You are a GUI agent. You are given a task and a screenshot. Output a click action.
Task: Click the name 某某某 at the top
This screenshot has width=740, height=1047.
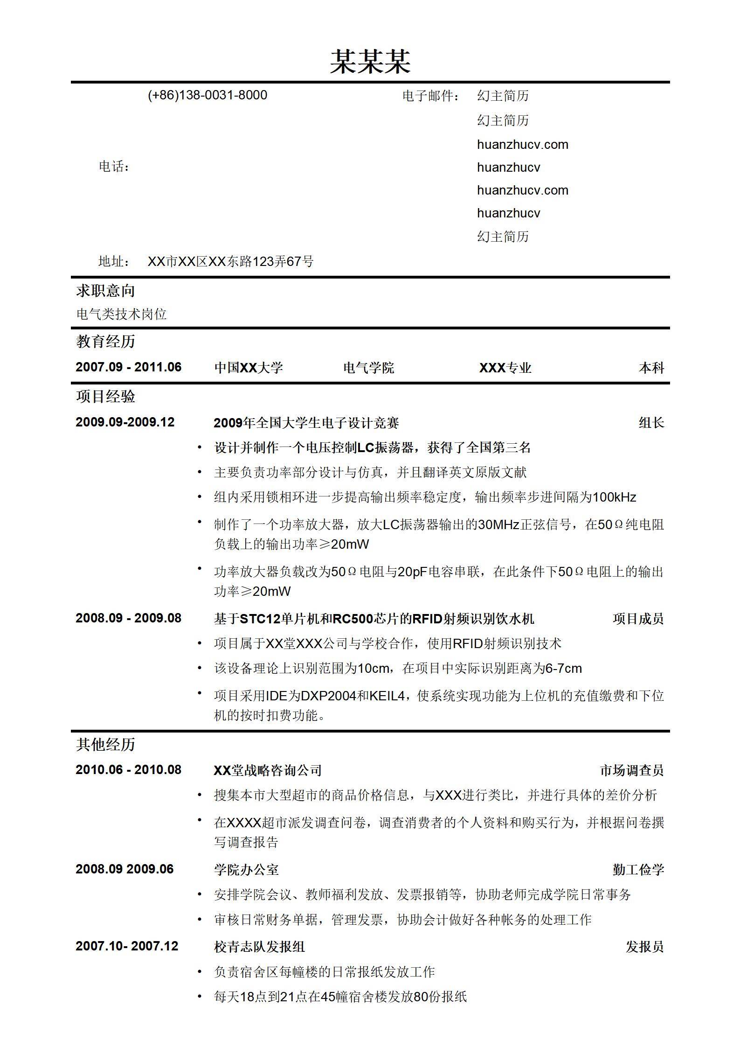coord(370,62)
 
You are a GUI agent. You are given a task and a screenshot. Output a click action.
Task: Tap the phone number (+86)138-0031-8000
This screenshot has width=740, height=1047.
coord(207,95)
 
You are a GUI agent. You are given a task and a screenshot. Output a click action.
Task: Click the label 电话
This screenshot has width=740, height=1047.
coord(114,167)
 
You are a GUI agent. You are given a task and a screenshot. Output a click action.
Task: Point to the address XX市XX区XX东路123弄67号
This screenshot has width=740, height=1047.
coord(230,261)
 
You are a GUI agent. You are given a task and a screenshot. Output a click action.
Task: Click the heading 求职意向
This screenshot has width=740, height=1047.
coord(106,291)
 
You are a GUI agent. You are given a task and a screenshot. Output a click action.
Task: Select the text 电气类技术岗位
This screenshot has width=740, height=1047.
coord(122,314)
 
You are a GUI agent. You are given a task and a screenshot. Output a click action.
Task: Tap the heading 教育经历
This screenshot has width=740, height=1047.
coord(106,342)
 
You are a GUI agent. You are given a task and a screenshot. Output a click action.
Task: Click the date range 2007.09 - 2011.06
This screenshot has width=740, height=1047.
coord(129,367)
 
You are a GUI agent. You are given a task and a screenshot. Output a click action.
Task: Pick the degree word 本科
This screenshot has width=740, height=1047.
coord(651,368)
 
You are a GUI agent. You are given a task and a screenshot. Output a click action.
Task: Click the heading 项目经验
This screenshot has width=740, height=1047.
coord(106,397)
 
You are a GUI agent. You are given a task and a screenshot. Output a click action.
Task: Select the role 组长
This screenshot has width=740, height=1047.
coord(651,423)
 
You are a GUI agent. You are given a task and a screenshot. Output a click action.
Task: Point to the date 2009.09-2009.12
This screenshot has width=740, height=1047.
coord(125,422)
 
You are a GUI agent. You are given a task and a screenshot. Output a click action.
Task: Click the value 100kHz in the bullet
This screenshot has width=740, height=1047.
coord(615,497)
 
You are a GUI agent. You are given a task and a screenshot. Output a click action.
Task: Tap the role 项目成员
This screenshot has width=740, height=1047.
coord(638,619)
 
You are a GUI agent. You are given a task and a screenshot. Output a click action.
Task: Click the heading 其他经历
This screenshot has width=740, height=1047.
coord(106,744)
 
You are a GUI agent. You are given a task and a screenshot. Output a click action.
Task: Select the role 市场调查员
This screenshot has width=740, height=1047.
coord(631,770)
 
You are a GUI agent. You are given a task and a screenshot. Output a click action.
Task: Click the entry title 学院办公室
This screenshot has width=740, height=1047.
coord(246,870)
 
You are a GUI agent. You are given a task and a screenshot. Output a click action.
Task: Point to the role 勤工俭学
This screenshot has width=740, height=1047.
coord(638,870)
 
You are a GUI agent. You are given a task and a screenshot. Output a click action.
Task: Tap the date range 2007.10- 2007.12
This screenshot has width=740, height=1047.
coord(127,946)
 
